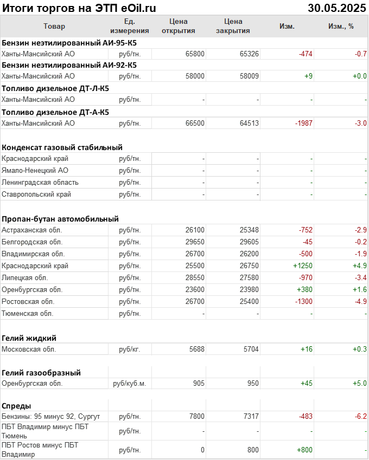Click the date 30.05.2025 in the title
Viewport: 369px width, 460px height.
[x=337, y=8]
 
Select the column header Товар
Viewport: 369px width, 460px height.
[x=54, y=26]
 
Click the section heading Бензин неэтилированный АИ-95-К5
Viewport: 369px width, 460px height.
[x=69, y=42]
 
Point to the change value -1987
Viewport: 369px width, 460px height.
[x=303, y=124]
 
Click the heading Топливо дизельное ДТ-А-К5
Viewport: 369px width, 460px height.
[x=55, y=112]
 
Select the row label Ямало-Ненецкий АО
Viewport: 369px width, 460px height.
[x=35, y=171]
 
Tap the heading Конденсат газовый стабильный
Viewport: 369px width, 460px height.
[x=62, y=147]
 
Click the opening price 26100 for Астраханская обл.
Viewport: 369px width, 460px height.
[x=195, y=230]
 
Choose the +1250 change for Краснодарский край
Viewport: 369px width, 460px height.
[x=303, y=266]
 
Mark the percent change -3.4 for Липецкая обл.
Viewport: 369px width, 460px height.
[x=361, y=278]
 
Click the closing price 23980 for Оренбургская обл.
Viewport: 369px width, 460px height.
[x=249, y=289]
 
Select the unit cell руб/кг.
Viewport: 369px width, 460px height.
[x=130, y=349]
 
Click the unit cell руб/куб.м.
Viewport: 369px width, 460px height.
[x=130, y=384]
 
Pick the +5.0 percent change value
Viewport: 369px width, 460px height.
[x=360, y=384]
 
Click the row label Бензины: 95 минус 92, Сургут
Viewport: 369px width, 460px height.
[x=51, y=416]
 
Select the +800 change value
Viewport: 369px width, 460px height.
[x=304, y=450]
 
